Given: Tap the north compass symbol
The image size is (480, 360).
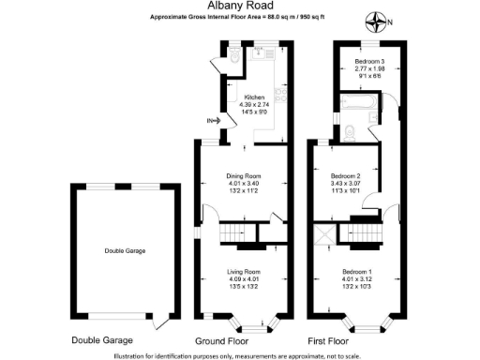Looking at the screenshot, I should tap(378, 21).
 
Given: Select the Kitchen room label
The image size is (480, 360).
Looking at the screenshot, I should tap(254, 97).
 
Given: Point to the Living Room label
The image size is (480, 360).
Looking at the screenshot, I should tap(242, 273).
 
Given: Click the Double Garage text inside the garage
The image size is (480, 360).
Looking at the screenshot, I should tap(124, 251).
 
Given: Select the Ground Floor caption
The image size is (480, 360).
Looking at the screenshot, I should tap(222, 340).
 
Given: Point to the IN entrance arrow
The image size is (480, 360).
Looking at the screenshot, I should tap(216, 120).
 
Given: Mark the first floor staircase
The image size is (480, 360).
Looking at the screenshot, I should tap(374, 232).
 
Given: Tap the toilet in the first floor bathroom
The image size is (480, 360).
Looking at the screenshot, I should tap(350, 132).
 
